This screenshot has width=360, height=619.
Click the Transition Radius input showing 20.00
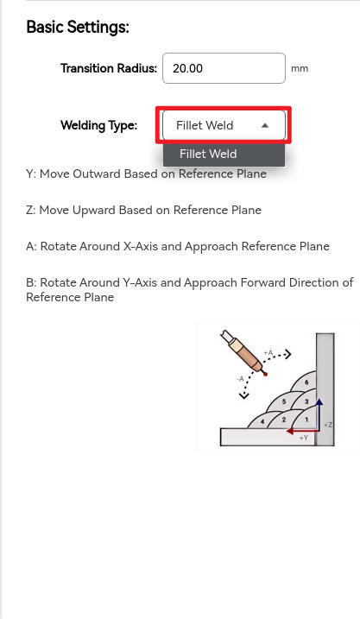(x=224, y=68)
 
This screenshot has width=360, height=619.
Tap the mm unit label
(x=300, y=69)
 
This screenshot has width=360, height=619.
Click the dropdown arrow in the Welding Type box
(x=265, y=125)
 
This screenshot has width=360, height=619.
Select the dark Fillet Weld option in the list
(x=224, y=154)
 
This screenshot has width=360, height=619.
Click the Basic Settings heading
(x=78, y=28)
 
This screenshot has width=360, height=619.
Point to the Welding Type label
(x=98, y=125)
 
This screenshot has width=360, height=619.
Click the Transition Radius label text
(x=109, y=68)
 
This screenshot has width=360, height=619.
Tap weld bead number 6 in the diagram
(x=306, y=382)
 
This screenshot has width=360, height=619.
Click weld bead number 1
(x=306, y=420)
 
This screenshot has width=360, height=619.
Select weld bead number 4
(x=262, y=421)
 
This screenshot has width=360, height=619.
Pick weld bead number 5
(x=284, y=402)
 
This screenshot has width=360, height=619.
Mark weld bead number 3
(x=306, y=402)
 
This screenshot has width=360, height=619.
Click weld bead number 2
(x=284, y=420)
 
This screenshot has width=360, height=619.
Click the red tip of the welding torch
(x=265, y=374)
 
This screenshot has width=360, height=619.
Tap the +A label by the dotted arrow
(x=268, y=352)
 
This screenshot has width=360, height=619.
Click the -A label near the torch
(x=240, y=379)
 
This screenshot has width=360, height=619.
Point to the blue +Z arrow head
(x=319, y=402)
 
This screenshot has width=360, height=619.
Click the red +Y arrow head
(x=290, y=431)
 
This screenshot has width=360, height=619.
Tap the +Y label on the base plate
(x=304, y=438)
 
